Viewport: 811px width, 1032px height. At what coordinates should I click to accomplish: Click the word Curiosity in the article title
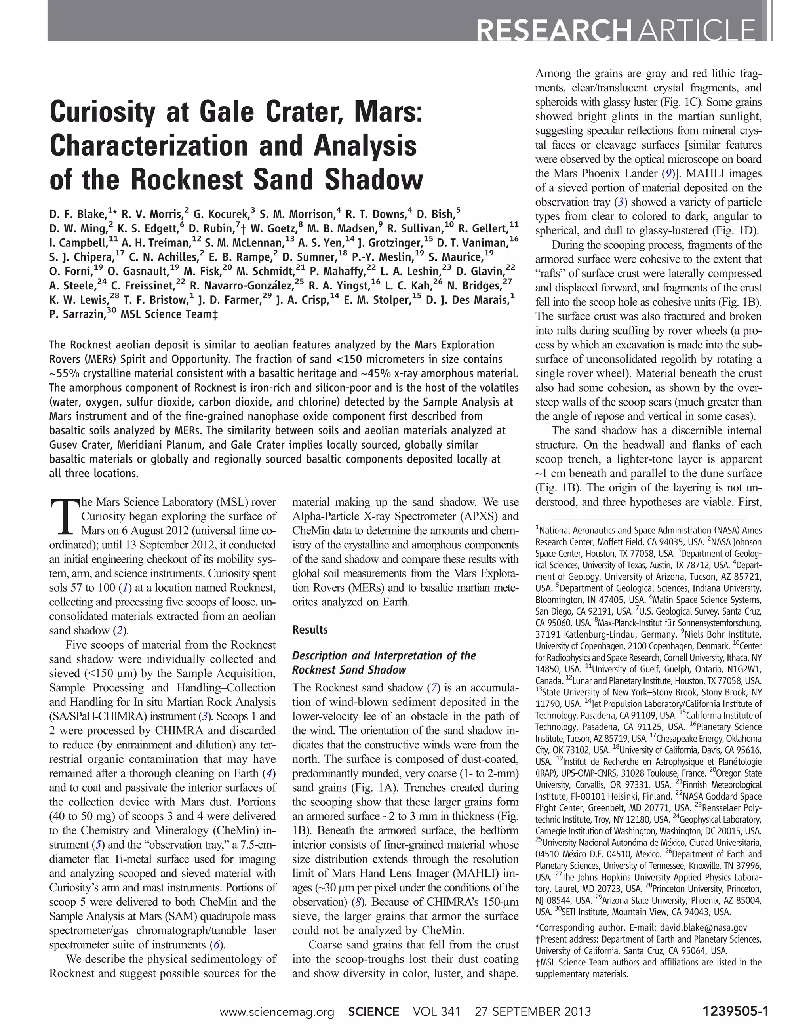pos(102,112)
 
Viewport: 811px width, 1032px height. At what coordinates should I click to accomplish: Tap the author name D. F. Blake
pos(78,214)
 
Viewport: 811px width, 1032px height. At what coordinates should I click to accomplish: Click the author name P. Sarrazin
pos(76,314)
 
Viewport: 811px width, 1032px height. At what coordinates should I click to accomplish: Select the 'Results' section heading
pos(310,630)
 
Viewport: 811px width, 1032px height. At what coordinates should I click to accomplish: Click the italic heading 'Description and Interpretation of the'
pos(384,655)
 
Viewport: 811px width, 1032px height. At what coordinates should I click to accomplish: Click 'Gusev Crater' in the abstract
pos(78,445)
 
